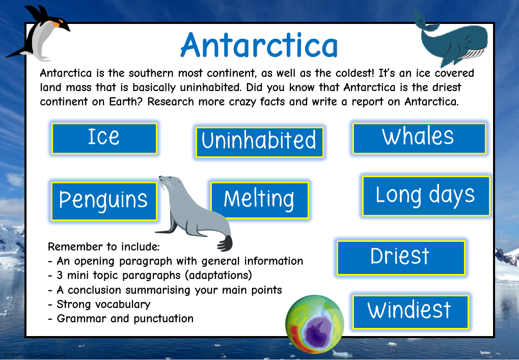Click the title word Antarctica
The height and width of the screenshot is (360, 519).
pyautogui.click(x=259, y=45)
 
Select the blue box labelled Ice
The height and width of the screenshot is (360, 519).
pyautogui.click(x=104, y=137)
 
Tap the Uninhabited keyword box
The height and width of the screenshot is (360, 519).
pyautogui.click(x=259, y=141)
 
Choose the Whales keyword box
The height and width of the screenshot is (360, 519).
pyautogui.click(x=418, y=137)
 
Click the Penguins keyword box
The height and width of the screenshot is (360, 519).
pyautogui.click(x=103, y=201)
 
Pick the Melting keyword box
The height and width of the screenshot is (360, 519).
pyautogui.click(x=259, y=200)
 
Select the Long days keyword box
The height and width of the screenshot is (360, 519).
pyautogui.click(x=425, y=196)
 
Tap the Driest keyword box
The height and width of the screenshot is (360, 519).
pyautogui.click(x=400, y=257)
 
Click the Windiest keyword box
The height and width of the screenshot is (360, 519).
pyautogui.click(x=409, y=311)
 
